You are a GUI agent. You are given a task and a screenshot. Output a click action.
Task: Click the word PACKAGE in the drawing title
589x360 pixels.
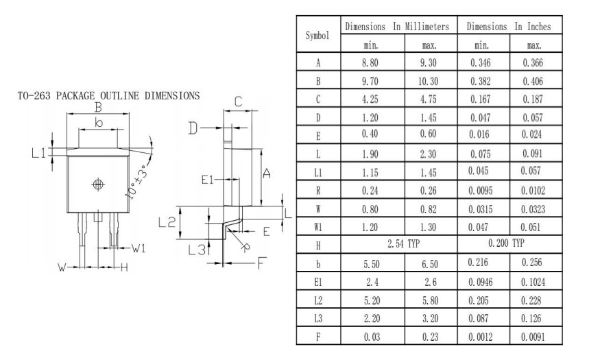click(x=73, y=96)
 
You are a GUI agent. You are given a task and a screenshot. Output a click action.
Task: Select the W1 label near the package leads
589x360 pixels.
click(x=139, y=248)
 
